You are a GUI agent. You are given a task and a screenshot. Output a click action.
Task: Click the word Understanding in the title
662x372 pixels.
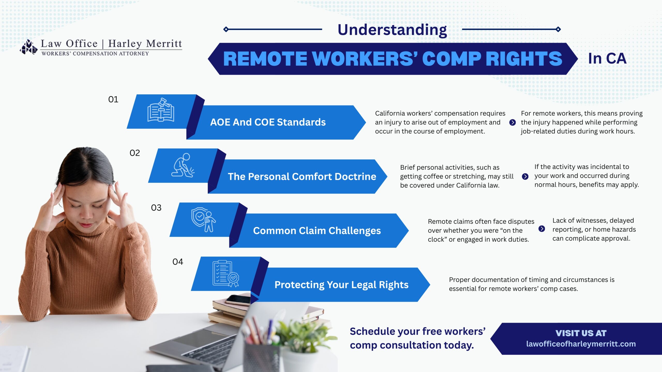coord(392,30)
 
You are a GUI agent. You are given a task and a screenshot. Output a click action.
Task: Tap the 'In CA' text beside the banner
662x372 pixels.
coord(607,59)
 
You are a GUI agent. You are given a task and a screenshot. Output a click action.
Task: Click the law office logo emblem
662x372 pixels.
coord(29,47)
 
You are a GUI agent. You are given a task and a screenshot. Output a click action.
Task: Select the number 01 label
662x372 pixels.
coord(113,99)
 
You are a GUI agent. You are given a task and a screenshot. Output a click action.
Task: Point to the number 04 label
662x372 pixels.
coord(178,262)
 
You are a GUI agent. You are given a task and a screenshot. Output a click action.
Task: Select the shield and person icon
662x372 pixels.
coord(203,219)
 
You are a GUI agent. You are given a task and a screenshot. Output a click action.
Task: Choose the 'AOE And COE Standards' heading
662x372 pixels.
coord(268,122)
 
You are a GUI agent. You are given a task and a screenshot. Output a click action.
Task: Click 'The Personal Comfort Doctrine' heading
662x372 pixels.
coord(302,177)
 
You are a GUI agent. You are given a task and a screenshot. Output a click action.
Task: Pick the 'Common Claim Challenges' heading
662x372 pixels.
coord(317,231)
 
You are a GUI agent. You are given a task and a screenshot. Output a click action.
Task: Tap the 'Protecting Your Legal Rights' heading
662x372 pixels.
coord(341,285)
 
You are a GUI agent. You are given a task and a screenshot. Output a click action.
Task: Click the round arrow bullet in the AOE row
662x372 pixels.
coord(512,122)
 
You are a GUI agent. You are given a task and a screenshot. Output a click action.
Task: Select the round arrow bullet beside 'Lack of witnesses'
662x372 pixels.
coord(541,229)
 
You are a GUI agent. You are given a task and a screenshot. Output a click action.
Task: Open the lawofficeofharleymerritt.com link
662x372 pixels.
coord(581,344)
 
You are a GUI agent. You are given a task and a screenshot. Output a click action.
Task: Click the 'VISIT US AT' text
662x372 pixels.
coord(581,333)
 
